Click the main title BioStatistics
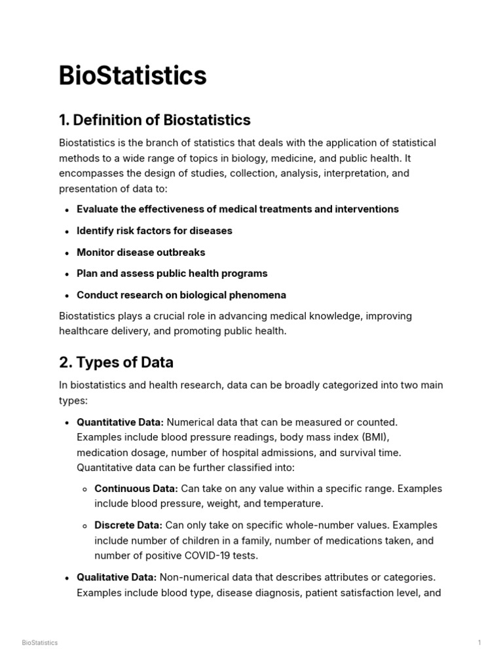click(x=132, y=76)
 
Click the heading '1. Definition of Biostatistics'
click(x=155, y=120)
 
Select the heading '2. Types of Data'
click(x=116, y=362)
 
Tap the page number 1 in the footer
click(x=479, y=643)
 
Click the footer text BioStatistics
click(x=39, y=643)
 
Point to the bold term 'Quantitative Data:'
click(x=120, y=422)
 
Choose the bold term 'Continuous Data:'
click(x=136, y=489)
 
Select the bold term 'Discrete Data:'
click(x=128, y=525)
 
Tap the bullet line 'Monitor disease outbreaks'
click(x=141, y=253)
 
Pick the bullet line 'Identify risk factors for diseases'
click(x=154, y=231)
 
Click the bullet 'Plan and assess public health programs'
click(x=172, y=273)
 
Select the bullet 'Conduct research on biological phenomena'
click(x=181, y=295)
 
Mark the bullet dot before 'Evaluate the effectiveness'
click(x=68, y=210)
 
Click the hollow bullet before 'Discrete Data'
click(x=86, y=526)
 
